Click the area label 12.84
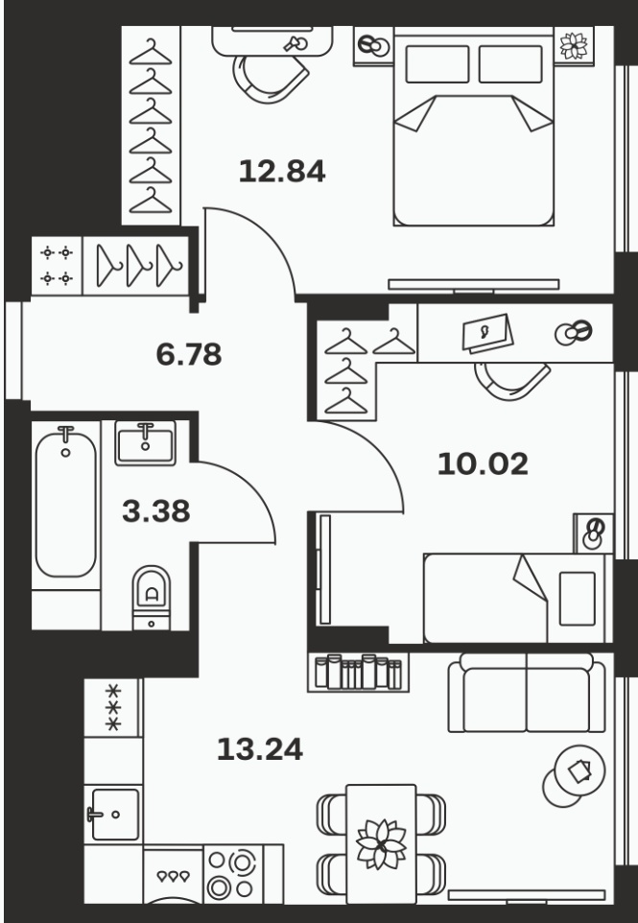282,172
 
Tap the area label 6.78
189,354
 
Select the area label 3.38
156,511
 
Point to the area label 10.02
483,463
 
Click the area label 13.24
260,749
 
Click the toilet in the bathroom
152,598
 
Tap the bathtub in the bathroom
65,505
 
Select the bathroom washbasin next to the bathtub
146,443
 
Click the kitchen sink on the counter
112,815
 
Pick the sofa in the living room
527,693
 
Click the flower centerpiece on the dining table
382,844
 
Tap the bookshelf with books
358,672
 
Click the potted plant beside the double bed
574,46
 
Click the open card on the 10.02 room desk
487,333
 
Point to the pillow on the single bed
577,599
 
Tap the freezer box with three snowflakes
112,707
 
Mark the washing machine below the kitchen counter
173,876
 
